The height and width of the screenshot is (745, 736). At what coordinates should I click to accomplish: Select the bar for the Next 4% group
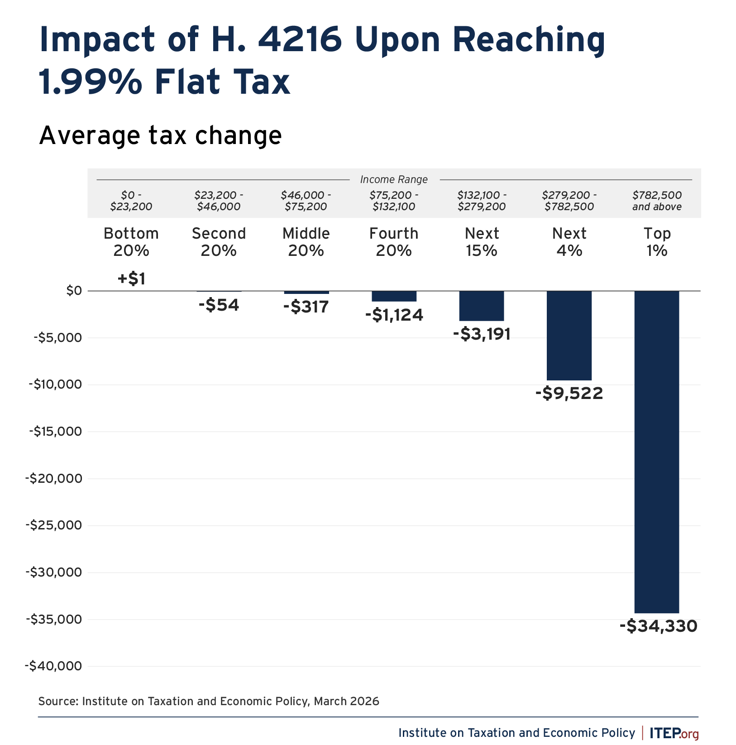point(569,335)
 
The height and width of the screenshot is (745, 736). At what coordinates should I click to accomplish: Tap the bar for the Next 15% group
point(482,306)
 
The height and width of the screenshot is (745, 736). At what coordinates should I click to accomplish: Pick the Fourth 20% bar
point(394,296)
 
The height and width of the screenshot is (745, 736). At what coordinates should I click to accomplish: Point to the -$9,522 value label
point(569,393)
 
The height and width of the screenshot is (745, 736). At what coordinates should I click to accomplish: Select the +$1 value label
point(131,279)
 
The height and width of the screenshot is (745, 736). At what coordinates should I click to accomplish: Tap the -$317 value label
point(306,307)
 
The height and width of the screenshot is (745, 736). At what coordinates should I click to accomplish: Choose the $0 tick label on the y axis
point(74,291)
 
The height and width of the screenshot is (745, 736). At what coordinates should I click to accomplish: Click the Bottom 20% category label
point(131,242)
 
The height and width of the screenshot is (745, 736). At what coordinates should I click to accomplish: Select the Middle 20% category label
point(306,242)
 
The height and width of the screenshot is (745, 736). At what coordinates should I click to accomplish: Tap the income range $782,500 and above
point(657,201)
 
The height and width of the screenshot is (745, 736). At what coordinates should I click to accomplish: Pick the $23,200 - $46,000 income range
point(219,201)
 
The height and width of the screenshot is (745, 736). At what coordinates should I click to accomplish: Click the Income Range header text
point(394,180)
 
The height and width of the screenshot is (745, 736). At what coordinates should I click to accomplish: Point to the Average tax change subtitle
point(160,135)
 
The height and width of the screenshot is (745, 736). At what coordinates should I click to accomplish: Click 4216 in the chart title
point(299,40)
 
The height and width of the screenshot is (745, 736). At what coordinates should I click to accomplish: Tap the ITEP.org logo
point(674,733)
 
